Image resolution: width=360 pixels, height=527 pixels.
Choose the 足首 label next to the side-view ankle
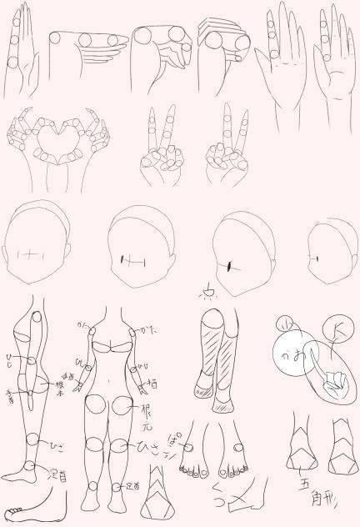(x=57, y=476)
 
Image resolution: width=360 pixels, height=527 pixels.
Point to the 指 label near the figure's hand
(x=152, y=384)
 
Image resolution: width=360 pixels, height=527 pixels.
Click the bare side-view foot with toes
(x=27, y=510)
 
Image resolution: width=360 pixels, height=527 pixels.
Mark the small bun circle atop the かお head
(x=282, y=324)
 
